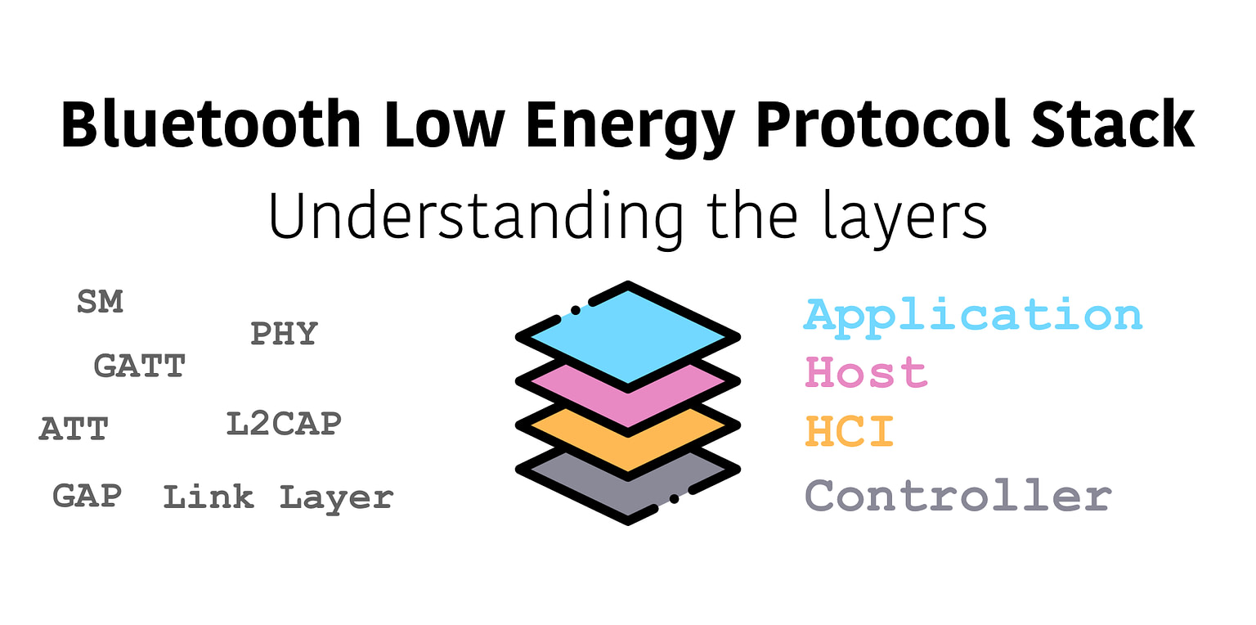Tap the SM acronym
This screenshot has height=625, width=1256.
tap(100, 302)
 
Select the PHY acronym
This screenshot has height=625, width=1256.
tap(284, 334)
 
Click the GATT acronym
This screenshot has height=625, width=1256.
tap(140, 366)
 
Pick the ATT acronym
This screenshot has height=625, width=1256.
tap(74, 429)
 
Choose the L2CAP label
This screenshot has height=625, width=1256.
tap(283, 424)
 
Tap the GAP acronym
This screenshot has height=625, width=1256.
tap(87, 496)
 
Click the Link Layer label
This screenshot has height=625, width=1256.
tap(278, 497)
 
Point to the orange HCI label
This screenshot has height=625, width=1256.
tap(850, 431)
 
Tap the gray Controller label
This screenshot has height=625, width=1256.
tap(958, 496)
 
